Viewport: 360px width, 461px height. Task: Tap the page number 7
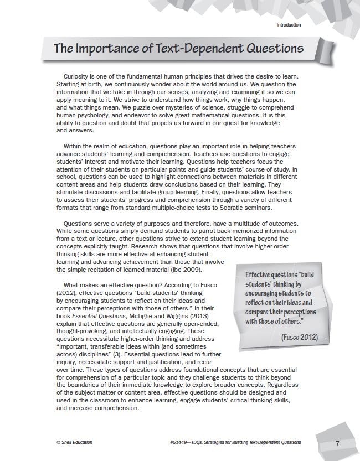(x=337, y=443)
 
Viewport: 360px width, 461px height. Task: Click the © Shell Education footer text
(x=75, y=443)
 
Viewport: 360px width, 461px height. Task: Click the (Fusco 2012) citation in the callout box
(x=299, y=337)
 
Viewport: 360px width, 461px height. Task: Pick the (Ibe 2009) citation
(x=186, y=270)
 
